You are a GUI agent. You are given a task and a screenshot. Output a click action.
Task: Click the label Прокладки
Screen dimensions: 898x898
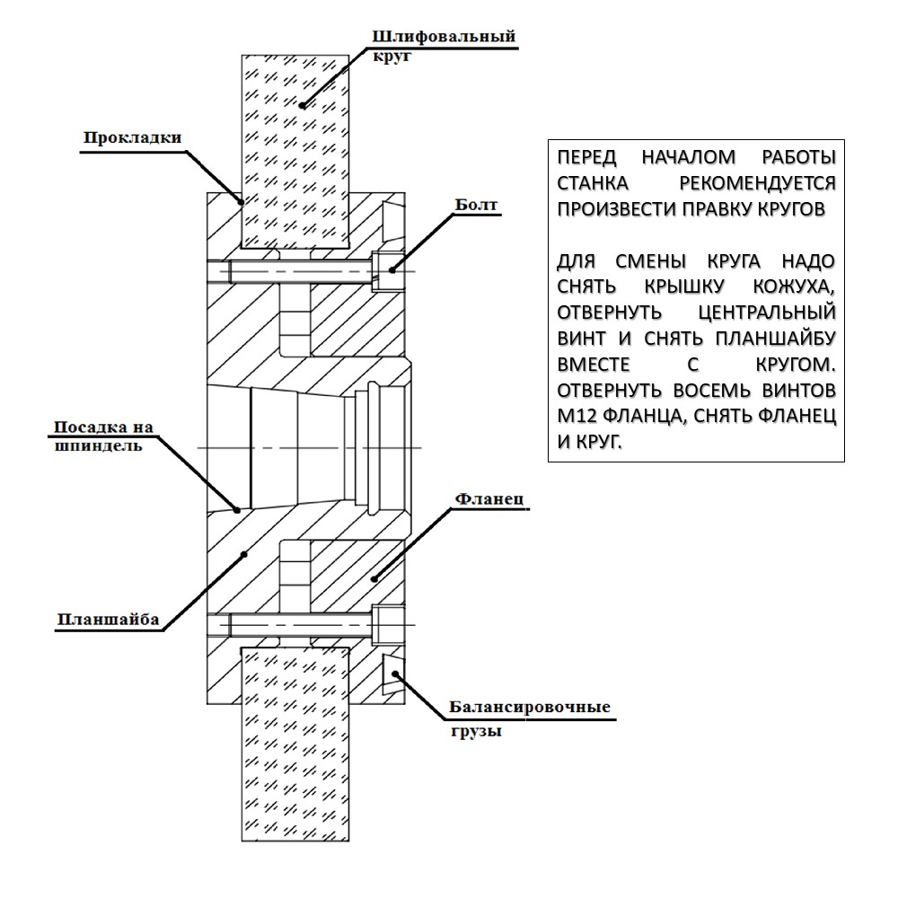click(132, 138)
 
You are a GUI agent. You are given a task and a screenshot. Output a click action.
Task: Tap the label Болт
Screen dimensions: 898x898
click(477, 205)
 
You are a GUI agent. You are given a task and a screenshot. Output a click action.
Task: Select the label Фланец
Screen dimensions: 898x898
click(489, 498)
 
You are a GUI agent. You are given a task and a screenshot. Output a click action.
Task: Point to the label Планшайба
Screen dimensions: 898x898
click(108, 620)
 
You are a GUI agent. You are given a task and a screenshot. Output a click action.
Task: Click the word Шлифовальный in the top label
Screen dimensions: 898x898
click(444, 37)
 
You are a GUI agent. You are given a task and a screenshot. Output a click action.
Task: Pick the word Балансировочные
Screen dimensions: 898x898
click(530, 707)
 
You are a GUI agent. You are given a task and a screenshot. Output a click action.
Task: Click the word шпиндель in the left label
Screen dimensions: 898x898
click(98, 446)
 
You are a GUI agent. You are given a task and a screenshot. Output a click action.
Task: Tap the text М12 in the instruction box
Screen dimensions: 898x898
click(577, 415)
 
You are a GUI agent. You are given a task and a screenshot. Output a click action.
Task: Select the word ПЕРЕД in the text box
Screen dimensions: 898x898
click(587, 157)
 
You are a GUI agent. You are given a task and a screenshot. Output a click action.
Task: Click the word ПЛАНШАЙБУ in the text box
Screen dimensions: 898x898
click(776, 339)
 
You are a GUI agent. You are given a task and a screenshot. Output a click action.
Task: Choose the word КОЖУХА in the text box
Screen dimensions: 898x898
click(794, 286)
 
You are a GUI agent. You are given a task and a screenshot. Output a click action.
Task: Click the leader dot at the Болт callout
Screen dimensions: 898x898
click(392, 269)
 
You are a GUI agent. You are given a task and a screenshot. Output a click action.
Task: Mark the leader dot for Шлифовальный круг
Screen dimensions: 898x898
click(303, 105)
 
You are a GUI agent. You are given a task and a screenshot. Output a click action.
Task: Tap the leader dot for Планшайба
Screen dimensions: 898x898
click(244, 554)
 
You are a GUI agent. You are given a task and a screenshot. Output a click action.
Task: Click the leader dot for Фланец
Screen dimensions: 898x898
click(374, 579)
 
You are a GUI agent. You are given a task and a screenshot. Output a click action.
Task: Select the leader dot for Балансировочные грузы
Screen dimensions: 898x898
click(394, 673)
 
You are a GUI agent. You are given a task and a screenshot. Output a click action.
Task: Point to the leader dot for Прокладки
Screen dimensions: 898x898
click(241, 201)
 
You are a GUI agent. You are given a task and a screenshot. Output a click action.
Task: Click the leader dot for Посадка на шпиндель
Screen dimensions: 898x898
click(238, 509)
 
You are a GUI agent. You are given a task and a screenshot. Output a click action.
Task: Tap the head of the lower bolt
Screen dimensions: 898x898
click(388, 624)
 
